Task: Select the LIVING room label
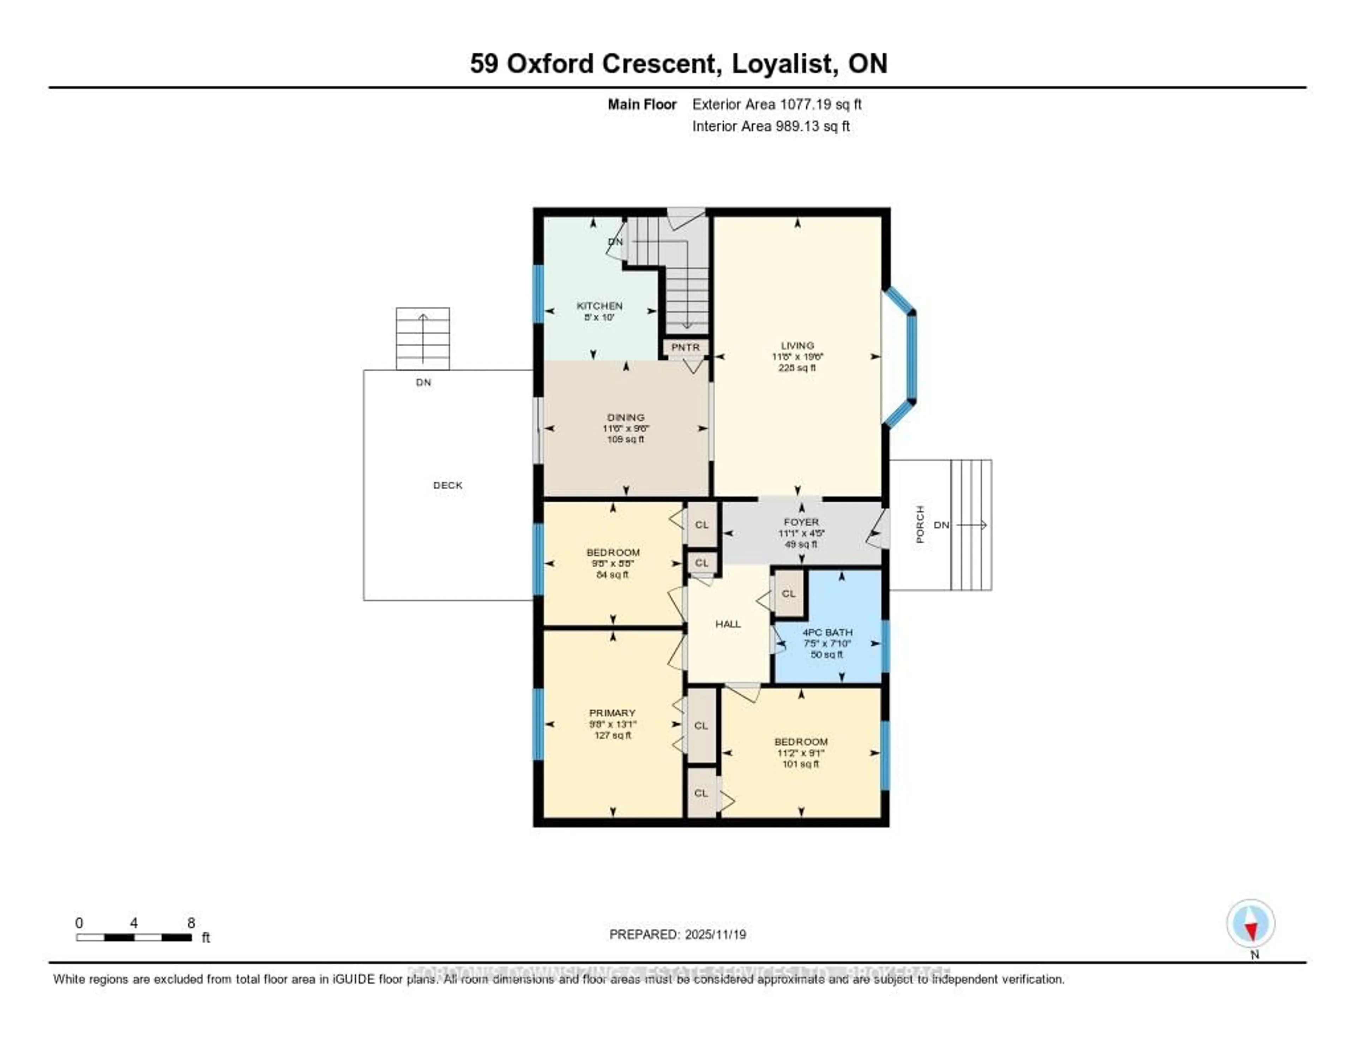797,346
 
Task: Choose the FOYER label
801,522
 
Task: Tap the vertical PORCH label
920,525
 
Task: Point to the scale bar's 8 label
191,923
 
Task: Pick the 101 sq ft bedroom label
800,742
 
